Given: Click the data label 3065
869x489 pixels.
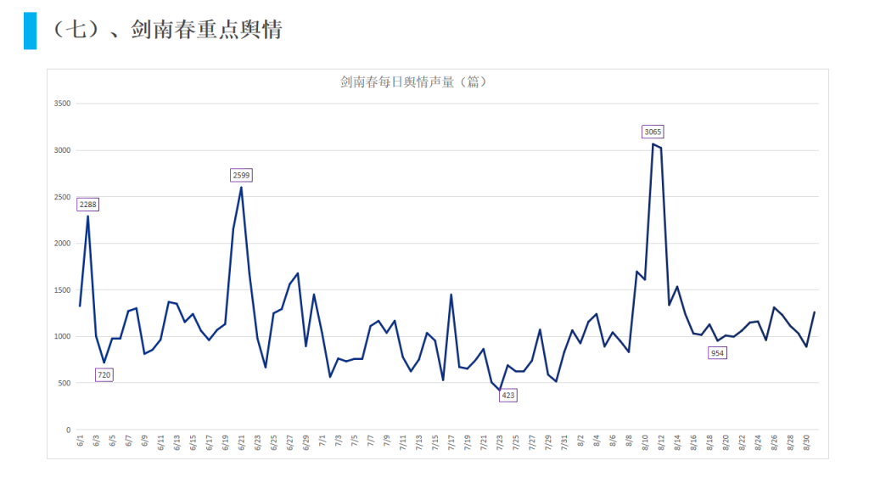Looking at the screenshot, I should [x=653, y=132].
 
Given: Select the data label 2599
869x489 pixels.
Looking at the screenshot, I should [x=242, y=175].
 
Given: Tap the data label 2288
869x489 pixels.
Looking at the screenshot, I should [x=88, y=205].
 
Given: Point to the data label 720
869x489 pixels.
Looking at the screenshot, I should [x=104, y=374].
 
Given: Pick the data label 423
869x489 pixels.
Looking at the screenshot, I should [x=507, y=395].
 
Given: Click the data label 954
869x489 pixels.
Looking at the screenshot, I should [x=718, y=352].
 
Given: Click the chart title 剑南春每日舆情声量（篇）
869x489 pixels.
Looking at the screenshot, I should [x=412, y=82].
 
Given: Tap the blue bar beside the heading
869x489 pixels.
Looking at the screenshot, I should [x=30, y=31].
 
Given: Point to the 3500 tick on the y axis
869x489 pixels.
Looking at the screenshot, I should [x=61, y=104].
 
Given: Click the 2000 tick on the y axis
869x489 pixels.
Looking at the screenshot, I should [x=61, y=244].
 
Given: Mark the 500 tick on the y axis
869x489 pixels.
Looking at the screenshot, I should [x=64, y=384].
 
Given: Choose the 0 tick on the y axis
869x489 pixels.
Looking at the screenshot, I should [x=68, y=430].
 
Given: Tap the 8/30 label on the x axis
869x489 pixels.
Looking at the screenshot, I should [x=805, y=443].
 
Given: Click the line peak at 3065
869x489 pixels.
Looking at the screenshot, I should [x=653, y=144].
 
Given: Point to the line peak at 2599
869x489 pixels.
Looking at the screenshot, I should [x=241, y=188].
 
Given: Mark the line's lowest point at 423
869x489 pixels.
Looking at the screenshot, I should [x=499, y=391].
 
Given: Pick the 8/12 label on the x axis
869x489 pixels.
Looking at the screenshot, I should [x=661, y=443].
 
